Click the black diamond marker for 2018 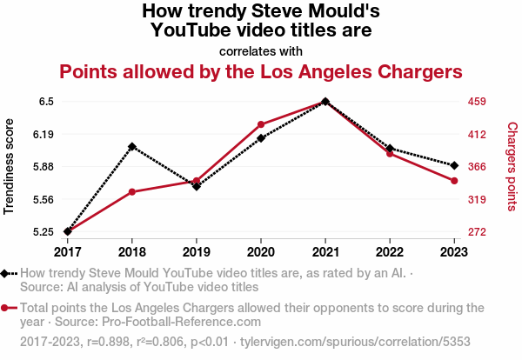(131, 147)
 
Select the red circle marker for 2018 (131, 191)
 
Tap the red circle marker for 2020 (261, 124)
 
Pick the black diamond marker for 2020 (261, 137)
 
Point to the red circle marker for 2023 (454, 180)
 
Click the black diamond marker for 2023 (454, 165)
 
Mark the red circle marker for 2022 (390, 153)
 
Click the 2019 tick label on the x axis (197, 251)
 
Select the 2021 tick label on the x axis (325, 251)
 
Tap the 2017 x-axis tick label (67, 251)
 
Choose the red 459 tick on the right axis (476, 102)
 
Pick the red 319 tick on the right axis (476, 199)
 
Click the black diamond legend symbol (8, 273)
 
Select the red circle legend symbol (8, 307)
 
